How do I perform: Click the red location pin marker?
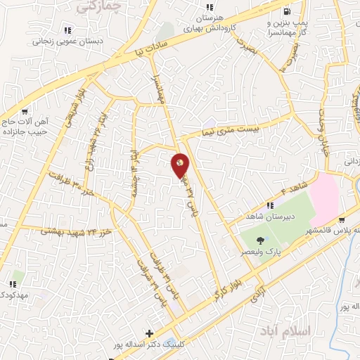pos(181,165)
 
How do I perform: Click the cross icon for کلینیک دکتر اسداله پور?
pos(148,333)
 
